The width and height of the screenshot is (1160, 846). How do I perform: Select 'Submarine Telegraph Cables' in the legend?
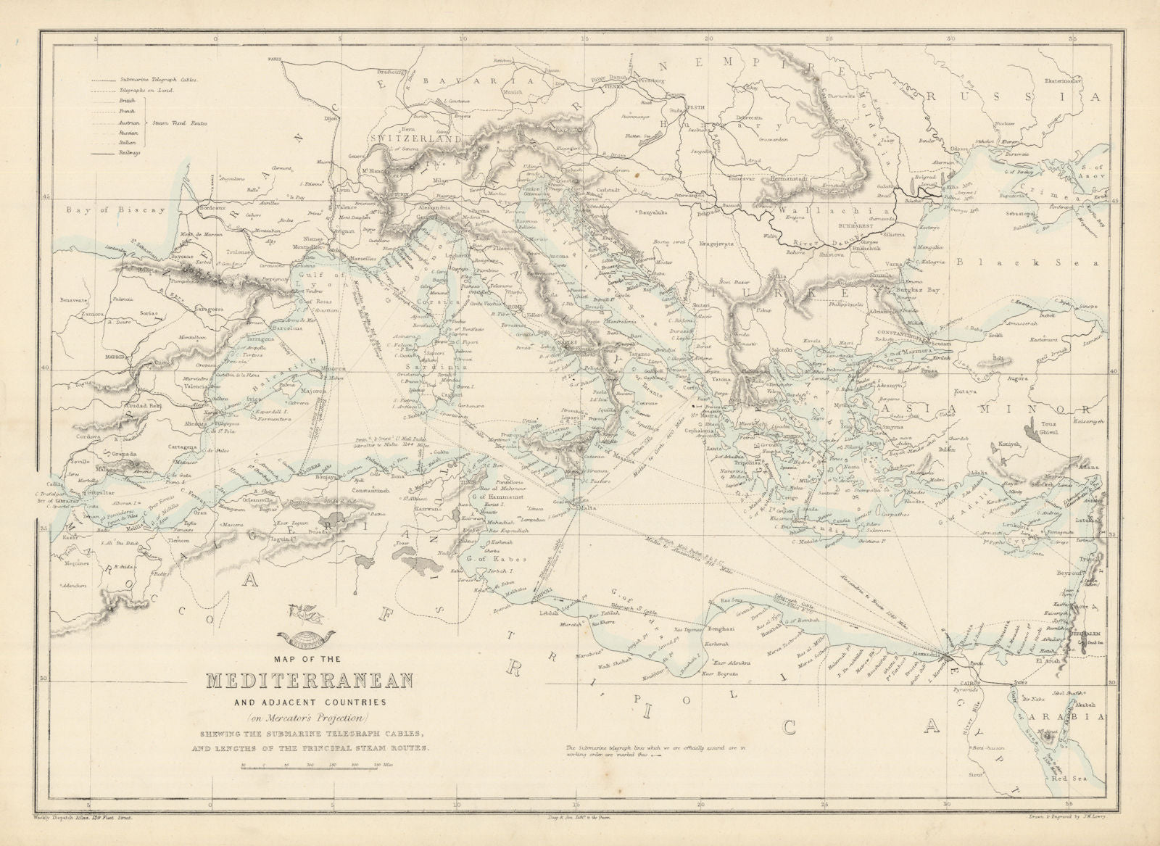(x=158, y=80)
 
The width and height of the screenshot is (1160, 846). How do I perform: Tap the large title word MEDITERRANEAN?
(x=310, y=682)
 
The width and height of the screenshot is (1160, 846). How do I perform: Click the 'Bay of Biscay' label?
(x=113, y=210)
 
